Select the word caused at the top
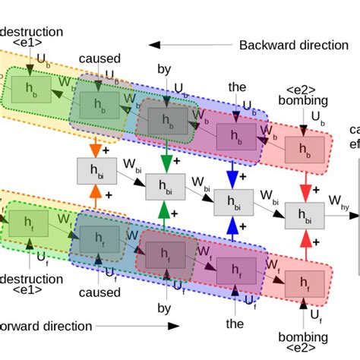pos(99,58)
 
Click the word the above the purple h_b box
pos(237,88)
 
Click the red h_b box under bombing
pos(299,151)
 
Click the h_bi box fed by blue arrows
pos(234,201)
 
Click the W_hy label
pos(339,200)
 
